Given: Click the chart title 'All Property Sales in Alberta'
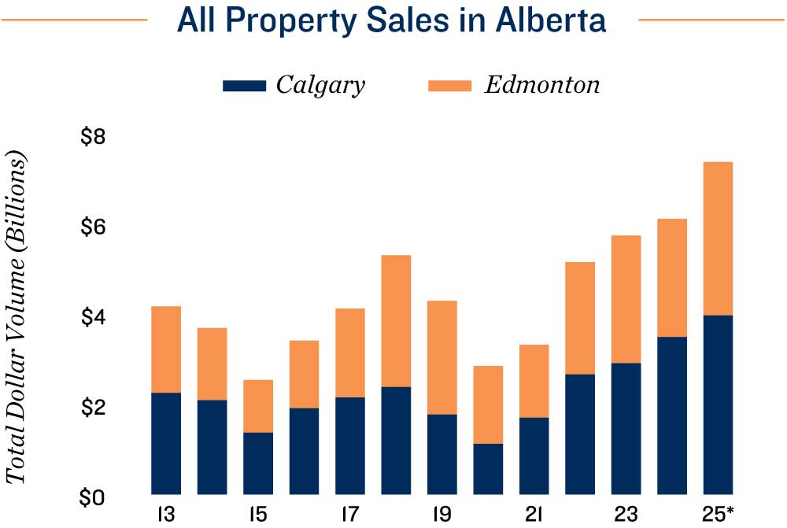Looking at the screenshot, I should tap(392, 20).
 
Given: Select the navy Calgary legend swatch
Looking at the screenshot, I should tap(244, 86).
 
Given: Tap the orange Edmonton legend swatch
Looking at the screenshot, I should tap(449, 86).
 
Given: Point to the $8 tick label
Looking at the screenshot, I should tap(94, 137).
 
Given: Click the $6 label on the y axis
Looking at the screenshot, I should tap(94, 227).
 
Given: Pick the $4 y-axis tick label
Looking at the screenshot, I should tap(94, 318).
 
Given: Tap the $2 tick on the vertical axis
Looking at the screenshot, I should tap(94, 408).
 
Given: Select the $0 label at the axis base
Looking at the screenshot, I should tap(94, 499).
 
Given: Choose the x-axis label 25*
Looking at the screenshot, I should tap(719, 515).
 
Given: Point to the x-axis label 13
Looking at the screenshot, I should tap(166, 515).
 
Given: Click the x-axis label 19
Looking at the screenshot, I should tap(442, 515).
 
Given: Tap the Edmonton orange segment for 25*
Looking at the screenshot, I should tap(718, 238).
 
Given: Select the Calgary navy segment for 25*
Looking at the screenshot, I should tap(718, 404).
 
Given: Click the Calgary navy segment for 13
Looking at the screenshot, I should tap(166, 443).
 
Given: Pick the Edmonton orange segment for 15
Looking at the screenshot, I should tap(258, 406).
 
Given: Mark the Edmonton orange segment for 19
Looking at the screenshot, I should tap(442, 357).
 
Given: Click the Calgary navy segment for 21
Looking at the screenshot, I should tap(534, 456).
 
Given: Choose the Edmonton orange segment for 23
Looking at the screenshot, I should tap(626, 299).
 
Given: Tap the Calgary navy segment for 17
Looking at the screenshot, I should tap(349, 445).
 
